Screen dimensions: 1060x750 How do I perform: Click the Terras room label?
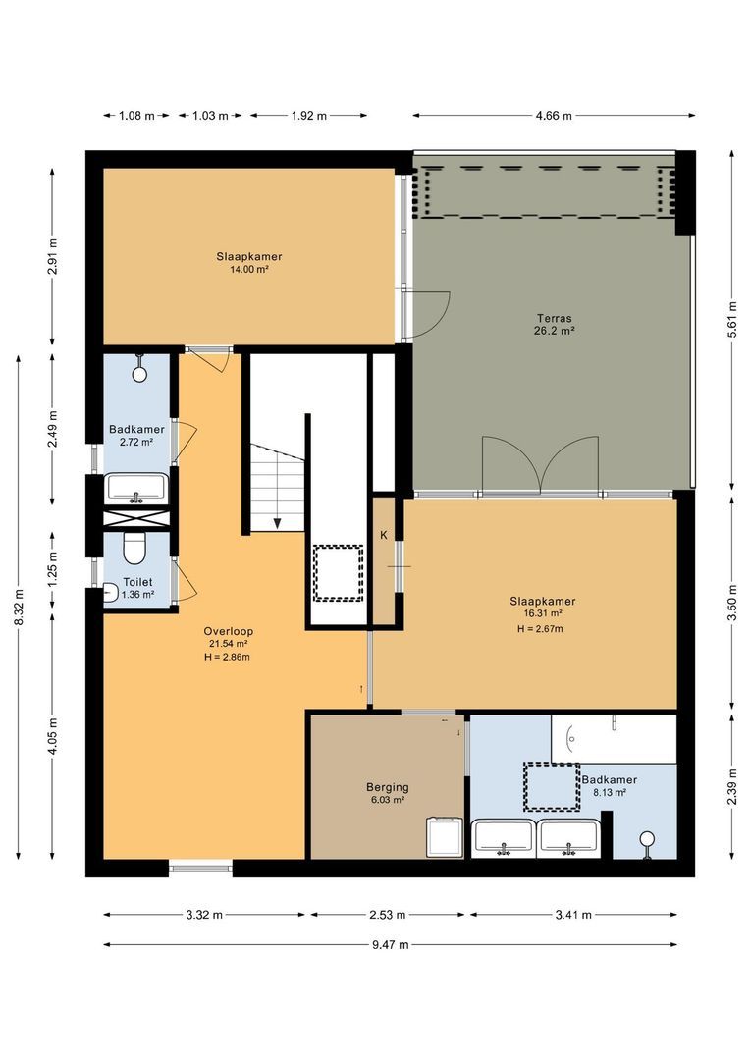[555, 318]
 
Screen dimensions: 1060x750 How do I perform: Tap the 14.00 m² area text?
[242, 269]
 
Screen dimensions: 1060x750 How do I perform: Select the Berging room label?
[387, 787]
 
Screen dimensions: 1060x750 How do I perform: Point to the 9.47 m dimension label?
[390, 944]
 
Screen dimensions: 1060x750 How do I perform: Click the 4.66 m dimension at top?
[554, 116]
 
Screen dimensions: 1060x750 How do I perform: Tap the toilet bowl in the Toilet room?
[134, 547]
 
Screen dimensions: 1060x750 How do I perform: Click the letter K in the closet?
[384, 536]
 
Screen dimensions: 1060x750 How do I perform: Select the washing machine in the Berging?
[445, 839]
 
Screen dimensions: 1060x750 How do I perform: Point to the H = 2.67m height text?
[542, 628]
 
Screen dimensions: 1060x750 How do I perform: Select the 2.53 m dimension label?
[388, 915]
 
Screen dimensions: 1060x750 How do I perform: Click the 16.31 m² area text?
[542, 614]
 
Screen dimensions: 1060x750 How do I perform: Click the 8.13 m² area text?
[604, 792]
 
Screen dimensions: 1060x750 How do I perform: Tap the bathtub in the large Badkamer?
[614, 738]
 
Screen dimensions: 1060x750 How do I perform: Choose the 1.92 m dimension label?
[307, 116]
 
